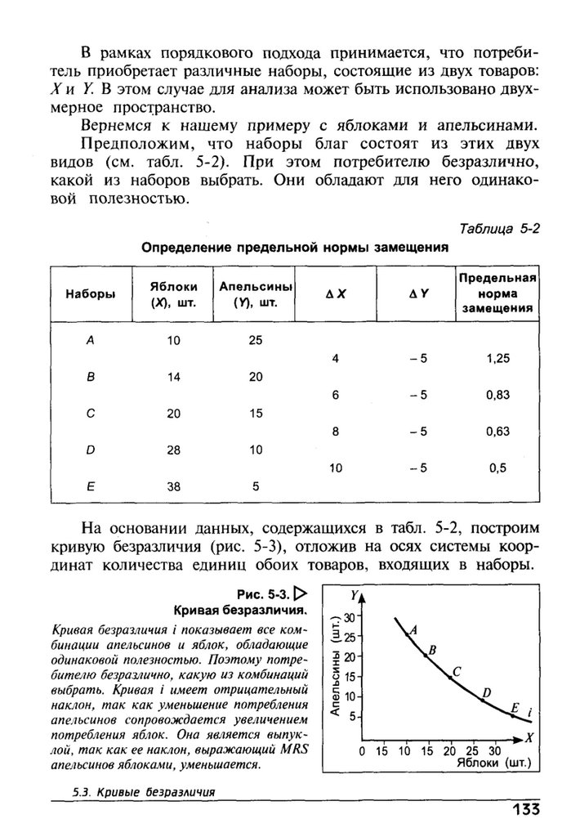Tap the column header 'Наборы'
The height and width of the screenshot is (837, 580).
click(x=90, y=294)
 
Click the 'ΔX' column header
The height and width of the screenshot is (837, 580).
click(x=335, y=294)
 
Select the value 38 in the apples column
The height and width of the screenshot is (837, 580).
click(x=172, y=486)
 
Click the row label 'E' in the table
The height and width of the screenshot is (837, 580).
click(x=90, y=486)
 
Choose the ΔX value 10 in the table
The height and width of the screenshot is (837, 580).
click(x=335, y=468)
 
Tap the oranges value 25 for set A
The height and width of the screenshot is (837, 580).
click(x=256, y=340)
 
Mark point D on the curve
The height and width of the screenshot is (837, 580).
click(x=483, y=700)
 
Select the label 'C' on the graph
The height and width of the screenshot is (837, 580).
click(x=457, y=672)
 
